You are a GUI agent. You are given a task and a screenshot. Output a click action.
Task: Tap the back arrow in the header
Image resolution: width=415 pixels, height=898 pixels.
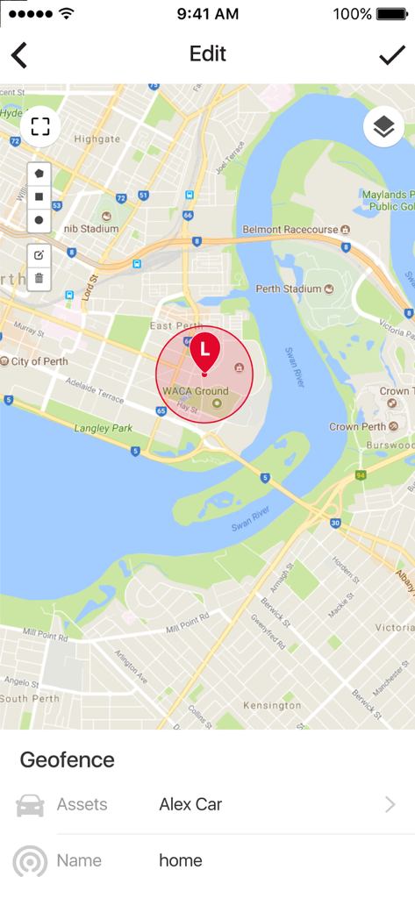[19, 55]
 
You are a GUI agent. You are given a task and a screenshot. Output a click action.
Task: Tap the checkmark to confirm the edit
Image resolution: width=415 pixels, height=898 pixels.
[391, 55]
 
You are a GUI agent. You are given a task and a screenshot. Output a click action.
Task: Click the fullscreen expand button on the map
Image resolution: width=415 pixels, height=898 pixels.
[39, 126]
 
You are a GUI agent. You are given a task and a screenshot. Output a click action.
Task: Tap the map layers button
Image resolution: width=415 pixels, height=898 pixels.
[383, 127]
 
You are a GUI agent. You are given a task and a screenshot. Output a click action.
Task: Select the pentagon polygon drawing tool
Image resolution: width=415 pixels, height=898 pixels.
[39, 174]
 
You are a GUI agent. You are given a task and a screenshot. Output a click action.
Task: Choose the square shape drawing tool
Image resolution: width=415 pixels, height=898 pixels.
[39, 196]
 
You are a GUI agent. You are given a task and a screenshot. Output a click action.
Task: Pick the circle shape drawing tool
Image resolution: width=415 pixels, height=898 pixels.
[39, 219]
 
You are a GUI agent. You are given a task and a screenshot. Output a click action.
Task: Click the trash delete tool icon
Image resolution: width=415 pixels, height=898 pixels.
[39, 278]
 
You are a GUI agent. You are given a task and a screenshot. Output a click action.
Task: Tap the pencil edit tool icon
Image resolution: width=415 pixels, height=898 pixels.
[39, 255]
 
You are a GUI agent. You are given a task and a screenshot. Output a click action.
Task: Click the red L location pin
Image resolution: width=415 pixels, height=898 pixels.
[204, 350]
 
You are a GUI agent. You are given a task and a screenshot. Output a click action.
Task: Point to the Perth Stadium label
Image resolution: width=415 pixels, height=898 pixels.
[289, 289]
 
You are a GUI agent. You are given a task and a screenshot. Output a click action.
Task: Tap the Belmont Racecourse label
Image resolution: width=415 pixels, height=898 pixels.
[290, 229]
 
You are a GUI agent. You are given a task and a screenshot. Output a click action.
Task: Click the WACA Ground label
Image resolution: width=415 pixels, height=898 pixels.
[196, 391]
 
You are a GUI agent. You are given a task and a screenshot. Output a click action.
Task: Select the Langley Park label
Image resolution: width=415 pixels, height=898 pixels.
[104, 428]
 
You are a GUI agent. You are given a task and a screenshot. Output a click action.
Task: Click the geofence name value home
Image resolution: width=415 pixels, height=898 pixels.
[181, 860]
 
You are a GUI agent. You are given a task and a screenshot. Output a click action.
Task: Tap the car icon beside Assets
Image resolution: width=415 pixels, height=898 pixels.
[30, 805]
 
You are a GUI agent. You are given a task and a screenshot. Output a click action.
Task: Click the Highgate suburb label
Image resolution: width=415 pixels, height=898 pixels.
[97, 139]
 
